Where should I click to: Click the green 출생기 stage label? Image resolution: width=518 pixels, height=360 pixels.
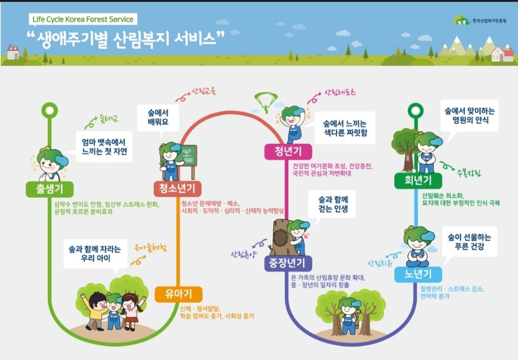point(48,189)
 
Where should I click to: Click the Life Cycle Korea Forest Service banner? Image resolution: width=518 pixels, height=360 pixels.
point(83,20)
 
